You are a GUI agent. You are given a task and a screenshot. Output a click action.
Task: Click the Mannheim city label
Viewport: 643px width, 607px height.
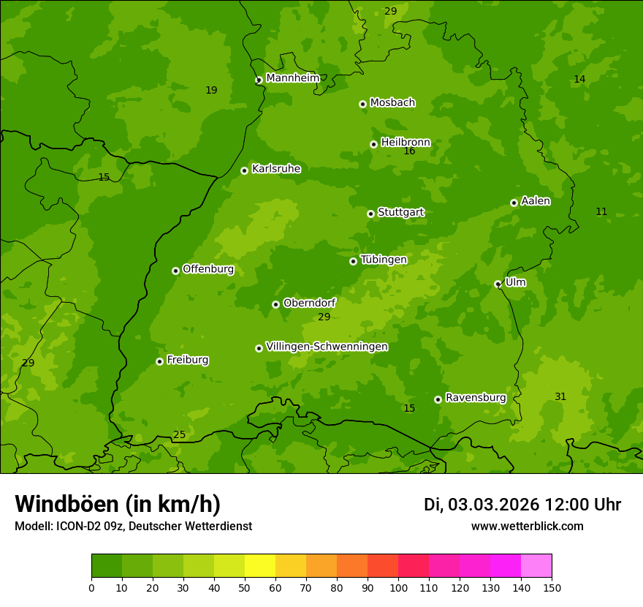(292, 78)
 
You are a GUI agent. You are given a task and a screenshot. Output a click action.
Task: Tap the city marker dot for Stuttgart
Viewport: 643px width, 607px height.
(370, 214)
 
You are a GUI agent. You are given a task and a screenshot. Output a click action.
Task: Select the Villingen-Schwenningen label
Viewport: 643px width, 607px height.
(327, 347)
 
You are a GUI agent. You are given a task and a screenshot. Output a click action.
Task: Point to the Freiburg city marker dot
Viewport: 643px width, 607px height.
(159, 361)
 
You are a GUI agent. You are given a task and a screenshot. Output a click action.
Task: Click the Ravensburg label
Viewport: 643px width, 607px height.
(476, 398)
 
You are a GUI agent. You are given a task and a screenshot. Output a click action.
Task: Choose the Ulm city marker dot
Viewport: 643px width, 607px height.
(498, 284)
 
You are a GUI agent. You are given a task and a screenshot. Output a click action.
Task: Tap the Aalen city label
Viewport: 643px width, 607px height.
(536, 201)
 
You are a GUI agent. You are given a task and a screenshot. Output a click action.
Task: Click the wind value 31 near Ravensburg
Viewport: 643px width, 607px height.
(560, 397)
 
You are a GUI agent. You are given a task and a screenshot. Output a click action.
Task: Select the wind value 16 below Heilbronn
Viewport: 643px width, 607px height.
(409, 151)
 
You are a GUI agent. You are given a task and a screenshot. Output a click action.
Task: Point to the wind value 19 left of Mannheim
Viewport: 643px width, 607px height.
(211, 91)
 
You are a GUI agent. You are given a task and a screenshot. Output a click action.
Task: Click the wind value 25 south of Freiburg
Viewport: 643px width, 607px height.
(179, 435)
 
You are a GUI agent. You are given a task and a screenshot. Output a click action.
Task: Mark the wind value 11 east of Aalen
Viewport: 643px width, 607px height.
(601, 212)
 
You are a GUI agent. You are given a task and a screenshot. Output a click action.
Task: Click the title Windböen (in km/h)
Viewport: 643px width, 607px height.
(118, 504)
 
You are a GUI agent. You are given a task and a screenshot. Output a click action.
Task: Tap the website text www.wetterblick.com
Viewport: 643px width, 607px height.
(527, 526)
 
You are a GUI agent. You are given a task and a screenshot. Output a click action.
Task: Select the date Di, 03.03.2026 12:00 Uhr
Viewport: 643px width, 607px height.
(522, 505)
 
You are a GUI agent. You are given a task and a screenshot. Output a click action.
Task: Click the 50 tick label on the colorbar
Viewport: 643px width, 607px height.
(245, 587)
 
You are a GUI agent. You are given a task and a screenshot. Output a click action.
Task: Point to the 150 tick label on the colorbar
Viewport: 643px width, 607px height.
(552, 587)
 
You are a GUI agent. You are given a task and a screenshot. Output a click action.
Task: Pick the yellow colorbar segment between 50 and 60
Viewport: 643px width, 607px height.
(260, 566)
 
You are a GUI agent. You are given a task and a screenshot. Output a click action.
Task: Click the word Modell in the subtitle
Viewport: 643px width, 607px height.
(32, 526)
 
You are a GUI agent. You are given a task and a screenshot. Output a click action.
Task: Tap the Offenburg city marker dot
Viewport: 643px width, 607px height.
(175, 271)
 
